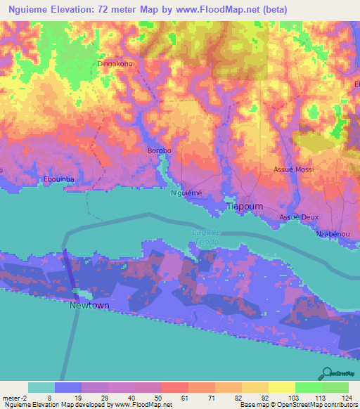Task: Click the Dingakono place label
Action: (x=115, y=63)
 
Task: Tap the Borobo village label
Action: (x=158, y=150)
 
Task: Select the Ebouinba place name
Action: (x=59, y=178)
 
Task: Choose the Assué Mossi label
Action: (x=293, y=170)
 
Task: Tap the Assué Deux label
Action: (x=299, y=217)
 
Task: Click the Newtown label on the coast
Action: (x=89, y=306)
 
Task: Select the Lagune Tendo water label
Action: (x=207, y=237)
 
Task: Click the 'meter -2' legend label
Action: (x=15, y=397)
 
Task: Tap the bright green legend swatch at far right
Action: (x=335, y=387)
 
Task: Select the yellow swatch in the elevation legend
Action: (x=281, y=387)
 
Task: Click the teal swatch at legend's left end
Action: (x=41, y=387)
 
